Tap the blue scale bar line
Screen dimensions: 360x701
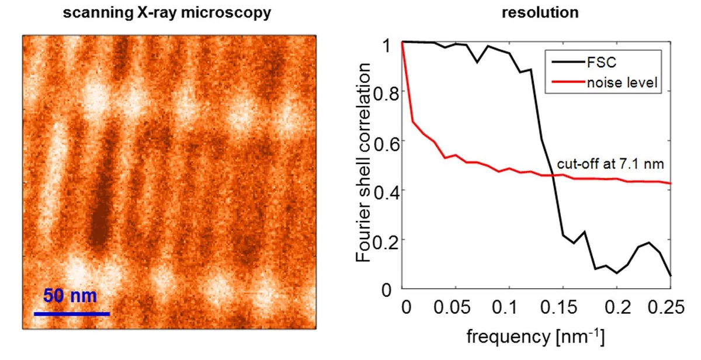(72, 314)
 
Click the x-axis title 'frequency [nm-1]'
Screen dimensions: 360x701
(535, 337)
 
